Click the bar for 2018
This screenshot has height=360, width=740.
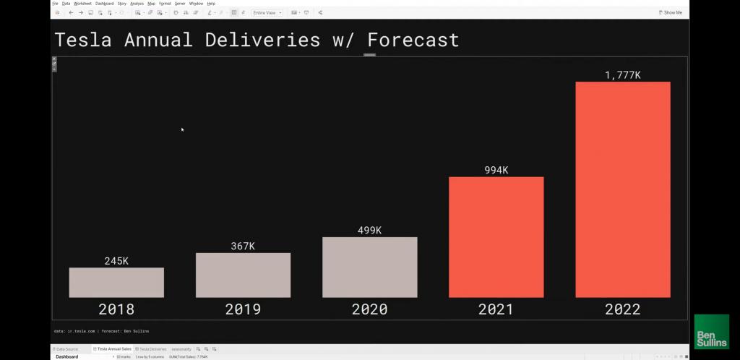point(116,283)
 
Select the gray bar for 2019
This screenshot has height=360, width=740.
point(243,275)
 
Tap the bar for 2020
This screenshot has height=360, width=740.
point(369,267)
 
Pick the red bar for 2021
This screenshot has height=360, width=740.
point(496,236)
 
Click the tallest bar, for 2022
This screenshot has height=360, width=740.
point(622,189)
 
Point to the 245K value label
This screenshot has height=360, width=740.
point(116,261)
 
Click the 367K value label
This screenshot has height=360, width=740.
point(243,246)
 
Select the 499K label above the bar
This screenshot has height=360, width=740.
point(369,231)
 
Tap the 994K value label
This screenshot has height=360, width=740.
point(496,171)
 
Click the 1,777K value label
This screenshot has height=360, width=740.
point(622,75)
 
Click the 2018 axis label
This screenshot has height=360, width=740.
point(116,309)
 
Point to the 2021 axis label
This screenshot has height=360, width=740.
point(496,309)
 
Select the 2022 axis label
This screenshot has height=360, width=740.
point(622,309)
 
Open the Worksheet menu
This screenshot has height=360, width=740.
point(82,4)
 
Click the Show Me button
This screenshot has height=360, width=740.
point(670,12)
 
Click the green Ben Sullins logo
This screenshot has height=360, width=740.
point(711,332)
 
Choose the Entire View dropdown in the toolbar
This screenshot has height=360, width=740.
point(267,12)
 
